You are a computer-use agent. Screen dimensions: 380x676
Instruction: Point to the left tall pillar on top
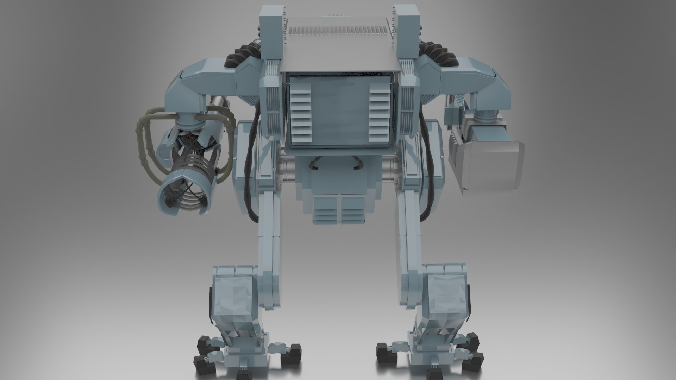click(271, 32)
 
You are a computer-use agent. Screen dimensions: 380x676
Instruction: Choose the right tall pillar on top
click(407, 32)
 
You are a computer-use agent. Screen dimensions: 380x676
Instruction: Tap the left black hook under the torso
click(314, 163)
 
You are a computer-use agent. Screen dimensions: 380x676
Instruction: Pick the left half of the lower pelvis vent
click(326, 209)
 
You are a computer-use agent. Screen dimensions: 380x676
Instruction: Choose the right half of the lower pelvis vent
click(352, 209)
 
